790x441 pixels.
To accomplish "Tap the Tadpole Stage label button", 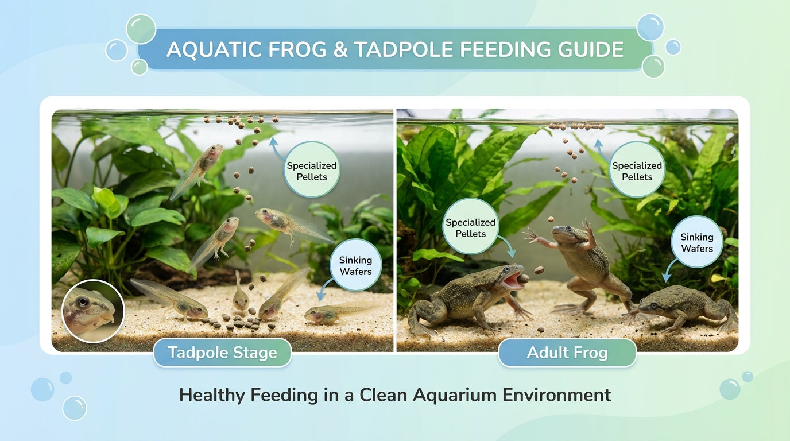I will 222,353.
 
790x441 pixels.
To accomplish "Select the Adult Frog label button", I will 567,353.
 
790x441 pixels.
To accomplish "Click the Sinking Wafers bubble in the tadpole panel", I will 355,266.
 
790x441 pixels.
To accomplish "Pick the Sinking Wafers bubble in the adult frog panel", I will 696,242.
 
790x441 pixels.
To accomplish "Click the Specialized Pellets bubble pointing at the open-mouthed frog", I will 470,228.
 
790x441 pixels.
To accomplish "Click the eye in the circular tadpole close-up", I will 84,302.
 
